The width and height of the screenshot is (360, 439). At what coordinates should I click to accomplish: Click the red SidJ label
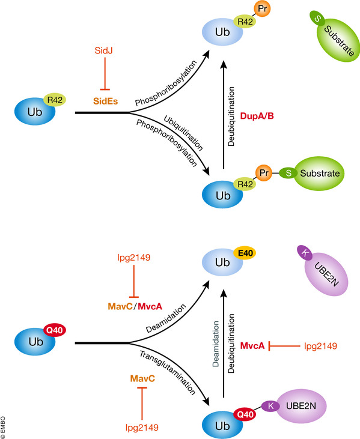point(103,50)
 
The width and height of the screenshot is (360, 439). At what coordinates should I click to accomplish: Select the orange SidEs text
point(106,101)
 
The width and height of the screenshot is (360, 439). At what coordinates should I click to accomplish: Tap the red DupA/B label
point(257,116)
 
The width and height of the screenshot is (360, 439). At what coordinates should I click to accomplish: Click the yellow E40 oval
point(245,253)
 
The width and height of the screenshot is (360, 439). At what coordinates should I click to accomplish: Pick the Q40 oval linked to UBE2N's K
point(245,414)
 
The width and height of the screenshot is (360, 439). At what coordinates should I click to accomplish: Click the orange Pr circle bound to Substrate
point(264,173)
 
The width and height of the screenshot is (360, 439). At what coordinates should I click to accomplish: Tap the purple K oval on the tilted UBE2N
point(305,253)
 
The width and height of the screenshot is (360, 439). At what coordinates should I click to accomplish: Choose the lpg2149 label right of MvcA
point(320,346)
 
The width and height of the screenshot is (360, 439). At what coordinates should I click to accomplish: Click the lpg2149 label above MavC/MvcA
point(133,257)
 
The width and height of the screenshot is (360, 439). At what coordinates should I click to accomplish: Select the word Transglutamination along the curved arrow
point(167,373)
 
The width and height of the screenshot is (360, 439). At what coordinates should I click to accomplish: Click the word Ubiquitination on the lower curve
point(183,133)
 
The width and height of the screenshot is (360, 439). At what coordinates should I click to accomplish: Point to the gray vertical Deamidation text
point(215,344)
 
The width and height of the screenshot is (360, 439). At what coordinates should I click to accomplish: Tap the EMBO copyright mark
point(3,428)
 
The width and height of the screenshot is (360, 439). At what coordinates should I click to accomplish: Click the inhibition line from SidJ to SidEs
point(105,74)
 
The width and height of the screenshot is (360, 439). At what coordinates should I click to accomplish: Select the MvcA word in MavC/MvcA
point(150,306)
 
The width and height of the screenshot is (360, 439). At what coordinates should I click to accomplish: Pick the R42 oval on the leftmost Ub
point(55,100)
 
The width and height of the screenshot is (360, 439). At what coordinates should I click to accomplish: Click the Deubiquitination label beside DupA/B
point(231,117)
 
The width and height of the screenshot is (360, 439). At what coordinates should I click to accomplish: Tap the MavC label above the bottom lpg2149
point(142,379)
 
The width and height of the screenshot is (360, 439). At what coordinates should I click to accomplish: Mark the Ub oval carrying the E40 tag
point(222,262)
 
